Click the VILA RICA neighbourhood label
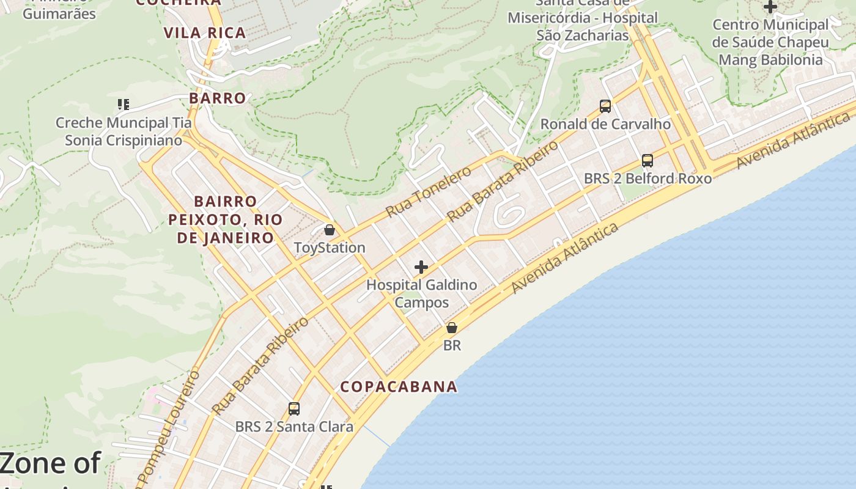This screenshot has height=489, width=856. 205,33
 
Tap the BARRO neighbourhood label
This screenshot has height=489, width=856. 217,98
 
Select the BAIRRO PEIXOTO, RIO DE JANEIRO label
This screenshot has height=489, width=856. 225,219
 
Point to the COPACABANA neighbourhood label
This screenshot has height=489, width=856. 399,386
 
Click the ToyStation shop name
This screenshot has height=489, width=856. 330,248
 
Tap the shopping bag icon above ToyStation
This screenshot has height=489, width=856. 330,230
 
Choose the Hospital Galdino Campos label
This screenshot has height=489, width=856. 421,293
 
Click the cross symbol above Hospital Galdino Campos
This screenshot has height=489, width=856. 421,267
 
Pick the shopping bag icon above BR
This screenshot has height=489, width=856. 452,328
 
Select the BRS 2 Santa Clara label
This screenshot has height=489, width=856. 294,427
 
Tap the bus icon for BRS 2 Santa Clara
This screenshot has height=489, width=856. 294,409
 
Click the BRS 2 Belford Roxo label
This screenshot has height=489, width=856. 648,178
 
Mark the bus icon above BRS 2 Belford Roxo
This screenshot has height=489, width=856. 648,161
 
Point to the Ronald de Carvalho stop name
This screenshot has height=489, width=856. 605,124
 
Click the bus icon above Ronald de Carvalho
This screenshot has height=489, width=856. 605,106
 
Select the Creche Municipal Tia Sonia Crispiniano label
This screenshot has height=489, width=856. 124,131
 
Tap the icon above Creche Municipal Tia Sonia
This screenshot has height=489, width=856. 124,105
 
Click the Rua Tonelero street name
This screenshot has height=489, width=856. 429,191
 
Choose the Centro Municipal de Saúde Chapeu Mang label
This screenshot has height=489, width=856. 770,42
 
